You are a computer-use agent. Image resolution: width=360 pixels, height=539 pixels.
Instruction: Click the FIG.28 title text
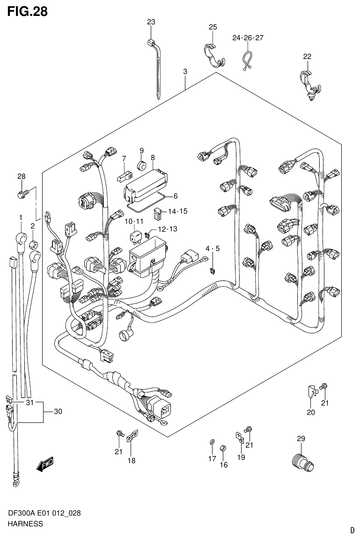tap(27, 11)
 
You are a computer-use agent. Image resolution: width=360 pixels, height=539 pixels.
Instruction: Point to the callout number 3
tap(185, 72)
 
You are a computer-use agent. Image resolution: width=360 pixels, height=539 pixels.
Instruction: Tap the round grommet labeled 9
tap(141, 165)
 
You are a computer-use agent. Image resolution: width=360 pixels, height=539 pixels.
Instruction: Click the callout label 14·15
tap(177, 212)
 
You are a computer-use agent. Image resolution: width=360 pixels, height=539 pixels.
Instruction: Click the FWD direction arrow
tap(46, 465)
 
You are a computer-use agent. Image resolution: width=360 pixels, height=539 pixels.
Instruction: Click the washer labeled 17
tap(212, 442)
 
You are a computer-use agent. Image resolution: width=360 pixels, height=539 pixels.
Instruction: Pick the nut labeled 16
tap(223, 448)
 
